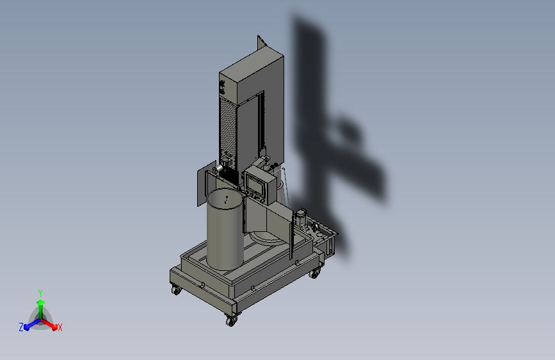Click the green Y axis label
(x=40, y=293)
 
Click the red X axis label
(x=60, y=327)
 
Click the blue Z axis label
(x=21, y=327)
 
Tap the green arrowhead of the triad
(x=41, y=302)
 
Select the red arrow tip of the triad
(x=54, y=327)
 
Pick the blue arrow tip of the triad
(x=27, y=327)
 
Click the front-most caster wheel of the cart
(x=231, y=321)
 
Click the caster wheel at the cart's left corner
(x=176, y=290)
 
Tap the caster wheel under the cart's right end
(x=314, y=273)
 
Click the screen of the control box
(x=255, y=185)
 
